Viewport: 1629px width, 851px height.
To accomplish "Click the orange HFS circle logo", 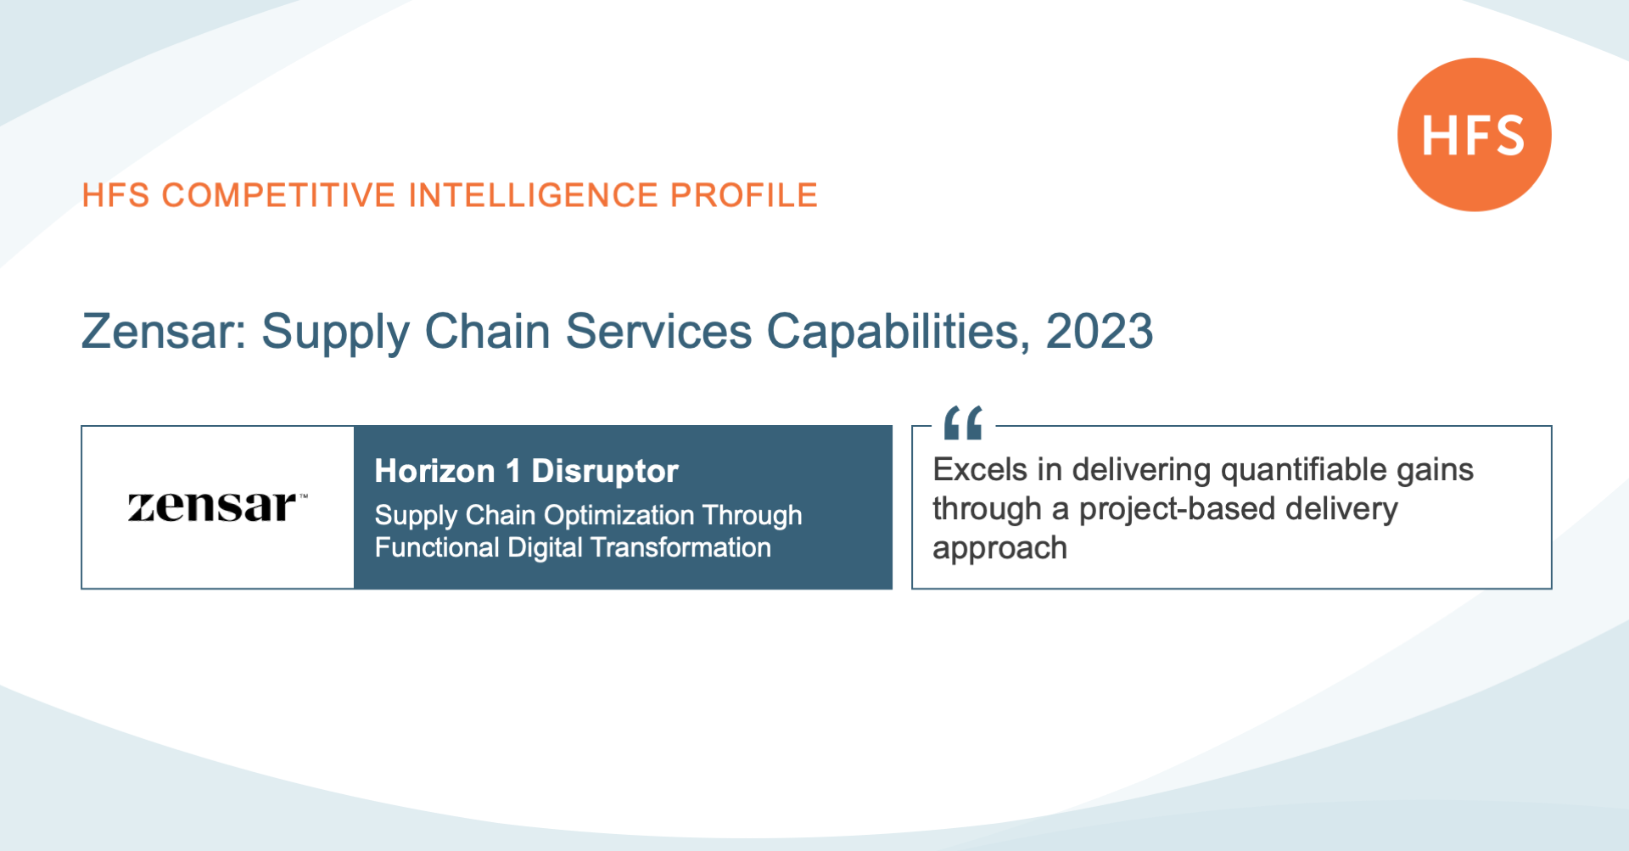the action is coord(1474,134).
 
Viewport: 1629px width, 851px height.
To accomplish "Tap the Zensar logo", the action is coord(217,507).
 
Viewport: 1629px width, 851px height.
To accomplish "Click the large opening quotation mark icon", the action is coord(963,423).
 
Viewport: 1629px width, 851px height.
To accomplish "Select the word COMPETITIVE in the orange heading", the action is coord(278,195).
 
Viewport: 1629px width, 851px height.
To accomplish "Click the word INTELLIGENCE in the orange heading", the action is coord(533,195).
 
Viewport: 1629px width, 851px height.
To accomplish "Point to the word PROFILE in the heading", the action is coord(744,195).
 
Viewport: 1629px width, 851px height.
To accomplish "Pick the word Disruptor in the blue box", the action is coord(605,472).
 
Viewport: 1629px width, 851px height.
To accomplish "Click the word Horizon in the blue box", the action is coord(434,471).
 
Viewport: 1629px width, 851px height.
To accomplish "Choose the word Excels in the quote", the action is coord(980,469).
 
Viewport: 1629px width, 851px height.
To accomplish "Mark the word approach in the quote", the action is coord(999,549).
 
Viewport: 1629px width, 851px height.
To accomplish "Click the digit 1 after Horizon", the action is coord(512,471).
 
